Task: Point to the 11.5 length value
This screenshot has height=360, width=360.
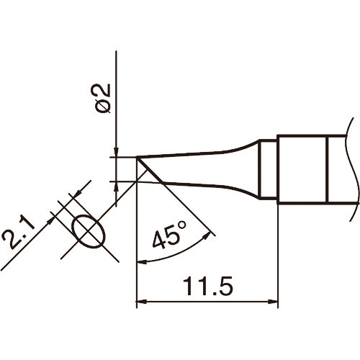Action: click(207, 287)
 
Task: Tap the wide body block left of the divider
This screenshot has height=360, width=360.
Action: click(302, 169)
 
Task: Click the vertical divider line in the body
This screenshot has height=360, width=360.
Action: click(328, 169)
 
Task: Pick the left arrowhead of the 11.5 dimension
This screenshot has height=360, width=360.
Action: click(141, 301)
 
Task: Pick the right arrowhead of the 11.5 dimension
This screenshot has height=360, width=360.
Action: click(274, 301)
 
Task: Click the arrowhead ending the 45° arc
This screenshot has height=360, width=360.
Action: click(210, 233)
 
